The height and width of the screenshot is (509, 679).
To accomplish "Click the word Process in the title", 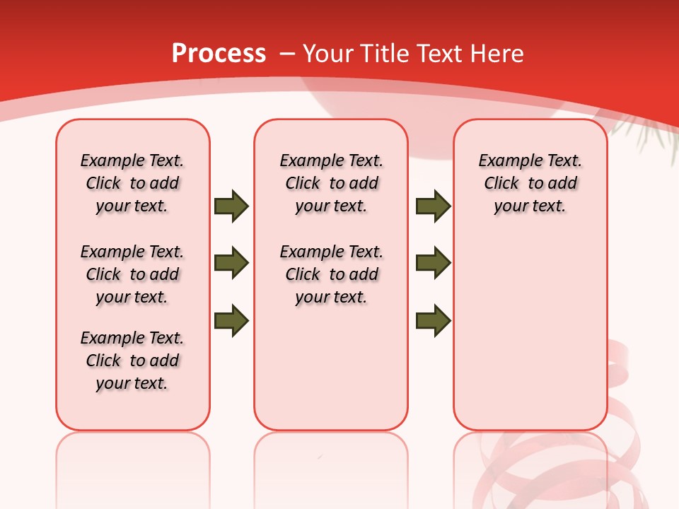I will coord(219,54).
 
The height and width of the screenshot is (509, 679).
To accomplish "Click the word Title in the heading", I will coord(386,54).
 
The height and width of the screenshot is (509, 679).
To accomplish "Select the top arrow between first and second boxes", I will coord(231,206).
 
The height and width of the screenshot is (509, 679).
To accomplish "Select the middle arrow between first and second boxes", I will coord(231,263).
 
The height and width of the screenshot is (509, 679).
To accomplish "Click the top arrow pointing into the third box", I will coord(433,206).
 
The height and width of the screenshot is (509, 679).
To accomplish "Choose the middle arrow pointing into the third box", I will coord(433,263).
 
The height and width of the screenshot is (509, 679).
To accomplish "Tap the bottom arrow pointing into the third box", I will coord(433,320).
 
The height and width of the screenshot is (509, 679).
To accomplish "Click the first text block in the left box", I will coord(132,183).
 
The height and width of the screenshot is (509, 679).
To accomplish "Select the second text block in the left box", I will coord(132,274).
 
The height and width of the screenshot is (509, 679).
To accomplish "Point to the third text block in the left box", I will coord(132,361).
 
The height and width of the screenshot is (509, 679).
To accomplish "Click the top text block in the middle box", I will coord(331,183).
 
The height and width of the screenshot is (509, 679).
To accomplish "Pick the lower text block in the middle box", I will coord(331,274).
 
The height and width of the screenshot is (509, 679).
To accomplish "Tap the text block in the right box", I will coord(530,183).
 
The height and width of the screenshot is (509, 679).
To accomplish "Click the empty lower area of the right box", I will coord(530,332).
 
